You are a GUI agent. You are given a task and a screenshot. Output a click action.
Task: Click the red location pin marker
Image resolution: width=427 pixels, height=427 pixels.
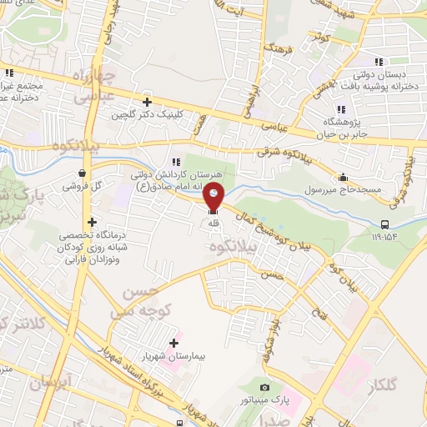coord(215,197)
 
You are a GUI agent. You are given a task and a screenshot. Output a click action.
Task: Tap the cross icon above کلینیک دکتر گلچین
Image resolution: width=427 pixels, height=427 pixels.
coord(147,102)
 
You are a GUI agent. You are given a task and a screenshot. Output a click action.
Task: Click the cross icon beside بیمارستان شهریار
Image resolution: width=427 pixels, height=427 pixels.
coord(174,343)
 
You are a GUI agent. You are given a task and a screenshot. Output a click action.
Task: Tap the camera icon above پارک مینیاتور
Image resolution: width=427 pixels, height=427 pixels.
coord(264,388)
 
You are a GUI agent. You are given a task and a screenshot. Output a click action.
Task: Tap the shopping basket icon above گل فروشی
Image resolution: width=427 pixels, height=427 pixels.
coord(80,173)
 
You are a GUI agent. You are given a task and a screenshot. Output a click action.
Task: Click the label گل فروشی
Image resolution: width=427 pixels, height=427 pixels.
coord(80,186)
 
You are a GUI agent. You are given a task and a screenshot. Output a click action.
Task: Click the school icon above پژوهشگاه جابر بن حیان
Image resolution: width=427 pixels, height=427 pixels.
coord(340,109)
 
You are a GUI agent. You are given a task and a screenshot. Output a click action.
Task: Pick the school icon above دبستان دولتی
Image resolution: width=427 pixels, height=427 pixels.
coord(379,62)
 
